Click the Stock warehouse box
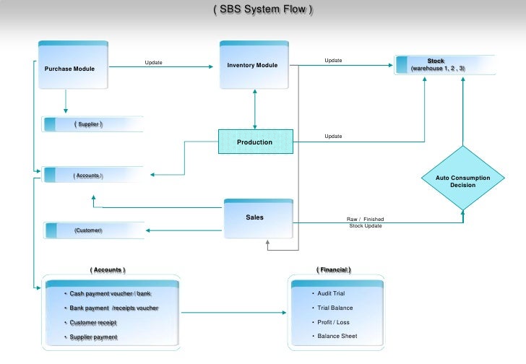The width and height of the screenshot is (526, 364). (444, 65)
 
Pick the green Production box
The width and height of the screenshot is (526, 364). (255, 142)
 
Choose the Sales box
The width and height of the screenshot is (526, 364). (255, 217)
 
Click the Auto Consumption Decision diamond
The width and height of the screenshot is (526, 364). (462, 181)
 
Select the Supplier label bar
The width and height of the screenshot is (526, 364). (92, 124)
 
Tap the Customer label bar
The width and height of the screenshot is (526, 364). (92, 230)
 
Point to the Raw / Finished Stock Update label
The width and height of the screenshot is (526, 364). (366, 222)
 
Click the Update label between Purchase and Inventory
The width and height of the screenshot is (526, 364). (153, 63)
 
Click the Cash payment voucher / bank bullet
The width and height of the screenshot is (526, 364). (110, 294)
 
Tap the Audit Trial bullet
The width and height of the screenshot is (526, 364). (331, 294)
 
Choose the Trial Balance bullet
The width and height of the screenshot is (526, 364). (335, 308)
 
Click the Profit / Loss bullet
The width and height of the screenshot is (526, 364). (333, 322)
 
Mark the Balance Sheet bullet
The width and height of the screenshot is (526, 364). (337, 337)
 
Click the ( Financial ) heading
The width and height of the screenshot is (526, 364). (334, 269)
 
